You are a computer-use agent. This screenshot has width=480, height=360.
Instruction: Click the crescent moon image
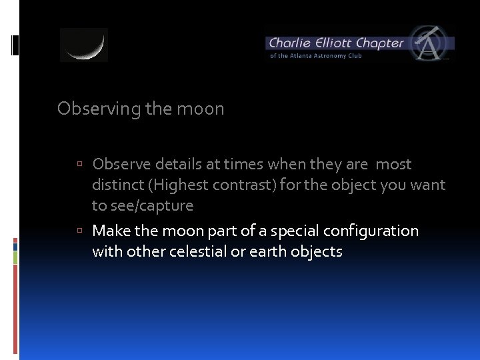84,45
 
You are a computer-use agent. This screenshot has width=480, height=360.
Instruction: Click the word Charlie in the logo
291,43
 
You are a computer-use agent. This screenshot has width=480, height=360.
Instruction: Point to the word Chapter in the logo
380,43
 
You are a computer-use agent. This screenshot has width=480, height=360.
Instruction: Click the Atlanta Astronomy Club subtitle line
315,56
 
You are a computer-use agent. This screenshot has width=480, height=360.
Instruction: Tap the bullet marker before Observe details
79,165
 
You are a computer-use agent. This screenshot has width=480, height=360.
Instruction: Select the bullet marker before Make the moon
79,231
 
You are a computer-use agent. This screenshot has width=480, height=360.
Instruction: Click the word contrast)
249,185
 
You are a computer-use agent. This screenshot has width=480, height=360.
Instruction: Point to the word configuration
371,231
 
